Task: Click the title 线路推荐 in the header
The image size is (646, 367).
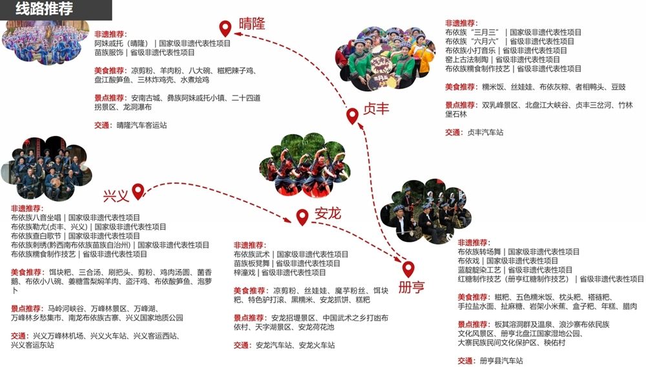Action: click(x=44, y=8)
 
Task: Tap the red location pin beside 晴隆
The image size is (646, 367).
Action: click(x=225, y=28)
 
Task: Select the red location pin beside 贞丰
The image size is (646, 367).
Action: click(x=352, y=116)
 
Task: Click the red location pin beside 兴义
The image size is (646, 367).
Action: click(x=138, y=192)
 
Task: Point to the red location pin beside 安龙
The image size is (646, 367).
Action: click(x=302, y=217)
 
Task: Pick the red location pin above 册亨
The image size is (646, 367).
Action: click(x=408, y=269)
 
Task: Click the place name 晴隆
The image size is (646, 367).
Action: click(x=252, y=23)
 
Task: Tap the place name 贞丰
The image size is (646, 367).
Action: click(x=376, y=109)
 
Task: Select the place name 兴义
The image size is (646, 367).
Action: click(x=116, y=196)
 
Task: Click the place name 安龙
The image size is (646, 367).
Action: click(x=328, y=213)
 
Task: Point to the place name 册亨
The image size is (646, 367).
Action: click(x=411, y=287)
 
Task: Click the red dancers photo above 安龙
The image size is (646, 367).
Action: click(x=306, y=165)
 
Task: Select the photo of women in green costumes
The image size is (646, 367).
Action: click(x=385, y=59)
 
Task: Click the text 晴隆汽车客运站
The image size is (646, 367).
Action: click(x=141, y=125)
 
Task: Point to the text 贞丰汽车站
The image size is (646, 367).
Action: click(x=485, y=132)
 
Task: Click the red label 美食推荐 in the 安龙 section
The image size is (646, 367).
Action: click(x=249, y=291)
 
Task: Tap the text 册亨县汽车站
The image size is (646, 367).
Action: click(x=501, y=361)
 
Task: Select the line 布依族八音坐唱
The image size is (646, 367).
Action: click(x=36, y=217)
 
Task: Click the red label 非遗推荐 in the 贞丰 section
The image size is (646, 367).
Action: click(x=460, y=23)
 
